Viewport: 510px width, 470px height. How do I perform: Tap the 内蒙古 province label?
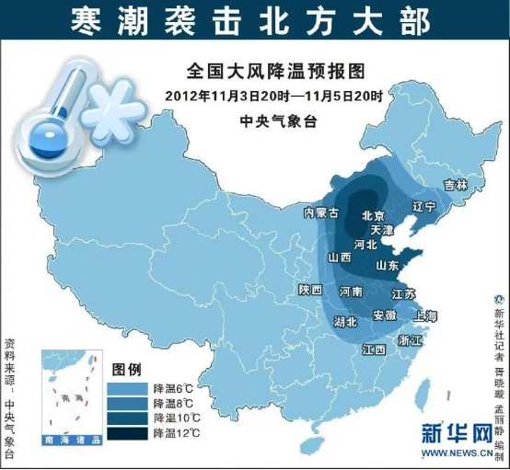pos(321,212)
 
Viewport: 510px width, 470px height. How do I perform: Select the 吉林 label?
pos(456,184)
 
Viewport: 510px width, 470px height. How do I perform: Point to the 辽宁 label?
pos(423,206)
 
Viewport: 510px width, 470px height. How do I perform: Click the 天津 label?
pos(381,228)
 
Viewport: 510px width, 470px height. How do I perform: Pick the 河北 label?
pos(365,245)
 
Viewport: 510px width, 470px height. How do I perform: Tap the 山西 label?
pos(339,258)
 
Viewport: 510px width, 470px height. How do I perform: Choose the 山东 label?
pos(388,265)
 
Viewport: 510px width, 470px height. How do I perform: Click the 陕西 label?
pos(310,290)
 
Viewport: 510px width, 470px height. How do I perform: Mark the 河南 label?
pos(351,291)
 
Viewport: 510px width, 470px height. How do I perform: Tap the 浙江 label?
pos(410,339)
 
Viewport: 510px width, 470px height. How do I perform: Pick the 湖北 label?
pos(345,322)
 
